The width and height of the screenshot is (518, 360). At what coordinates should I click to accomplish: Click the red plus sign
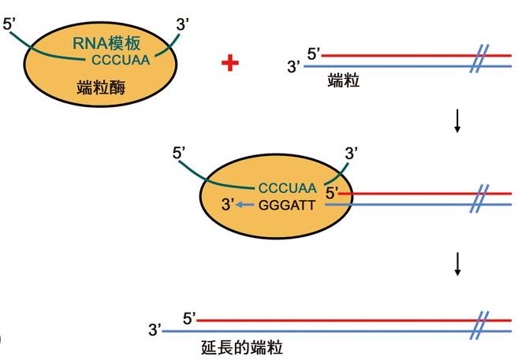pos(230,63)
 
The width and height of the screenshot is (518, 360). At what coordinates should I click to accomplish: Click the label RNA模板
pos(106,43)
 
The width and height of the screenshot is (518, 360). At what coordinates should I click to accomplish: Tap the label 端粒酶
pos(101,87)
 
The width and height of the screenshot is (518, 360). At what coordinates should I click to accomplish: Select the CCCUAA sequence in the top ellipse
pos(121,60)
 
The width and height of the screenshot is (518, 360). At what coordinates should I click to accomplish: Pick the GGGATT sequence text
pos(287,206)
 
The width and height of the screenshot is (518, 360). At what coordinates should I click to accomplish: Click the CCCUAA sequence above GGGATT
pos(287,188)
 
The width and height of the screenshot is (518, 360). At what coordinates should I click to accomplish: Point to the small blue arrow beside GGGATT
pos(245,205)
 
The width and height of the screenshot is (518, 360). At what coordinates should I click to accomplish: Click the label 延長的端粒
pos(242,347)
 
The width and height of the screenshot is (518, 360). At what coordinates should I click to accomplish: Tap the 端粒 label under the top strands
pos(344,80)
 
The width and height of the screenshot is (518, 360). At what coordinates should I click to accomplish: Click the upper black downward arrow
pos(457,121)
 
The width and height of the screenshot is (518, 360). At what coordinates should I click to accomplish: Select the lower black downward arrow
pos(457,264)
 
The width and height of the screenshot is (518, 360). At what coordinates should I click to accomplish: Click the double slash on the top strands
pos(479,59)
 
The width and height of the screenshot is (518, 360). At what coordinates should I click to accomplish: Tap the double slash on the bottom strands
pos(479,325)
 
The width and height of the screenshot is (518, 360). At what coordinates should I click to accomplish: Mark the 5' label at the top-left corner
pos(9,24)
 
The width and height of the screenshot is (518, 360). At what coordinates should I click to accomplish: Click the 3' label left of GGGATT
pos(228,205)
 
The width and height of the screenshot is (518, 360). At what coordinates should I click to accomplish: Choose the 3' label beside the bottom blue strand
pos(155,329)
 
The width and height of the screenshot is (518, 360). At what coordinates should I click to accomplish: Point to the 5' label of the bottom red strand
pos(190,319)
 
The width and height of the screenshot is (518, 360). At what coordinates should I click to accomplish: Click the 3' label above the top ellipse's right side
pos(183,24)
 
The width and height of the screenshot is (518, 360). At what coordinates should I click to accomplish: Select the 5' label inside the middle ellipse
pos(332,193)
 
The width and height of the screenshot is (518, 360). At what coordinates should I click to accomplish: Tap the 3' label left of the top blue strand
pos(293,66)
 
